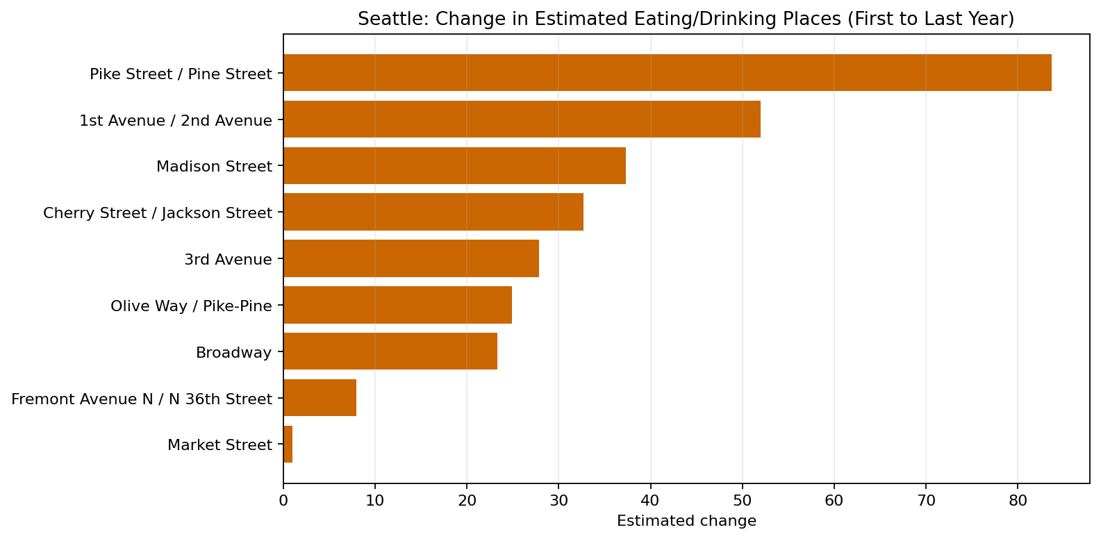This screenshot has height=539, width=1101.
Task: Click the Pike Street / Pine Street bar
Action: pyautogui.click(x=667, y=73)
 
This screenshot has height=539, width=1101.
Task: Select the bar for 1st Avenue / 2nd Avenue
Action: pyautogui.click(x=521, y=119)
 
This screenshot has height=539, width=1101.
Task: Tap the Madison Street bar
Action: pyautogui.click(x=454, y=166)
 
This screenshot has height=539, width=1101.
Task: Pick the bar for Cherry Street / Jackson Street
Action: pyautogui.click(x=433, y=213)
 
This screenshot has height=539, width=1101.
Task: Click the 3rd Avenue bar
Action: pyautogui.click(x=411, y=259)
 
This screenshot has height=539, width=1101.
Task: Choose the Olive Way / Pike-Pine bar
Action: pyautogui.click(x=397, y=306)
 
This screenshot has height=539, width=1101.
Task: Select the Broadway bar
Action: pyautogui.click(x=390, y=352)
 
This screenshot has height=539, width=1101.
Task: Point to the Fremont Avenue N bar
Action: pyautogui.click(x=320, y=399)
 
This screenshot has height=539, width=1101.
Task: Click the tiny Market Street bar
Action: pyautogui.click(x=288, y=445)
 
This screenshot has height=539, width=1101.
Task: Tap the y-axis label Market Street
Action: pyautogui.click(x=220, y=445)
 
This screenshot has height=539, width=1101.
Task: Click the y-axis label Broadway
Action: pyautogui.click(x=233, y=353)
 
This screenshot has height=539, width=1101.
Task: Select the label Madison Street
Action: pyautogui.click(x=214, y=167)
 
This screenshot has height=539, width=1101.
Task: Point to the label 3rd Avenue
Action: pyautogui.click(x=228, y=260)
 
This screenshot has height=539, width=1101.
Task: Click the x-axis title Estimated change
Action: pyautogui.click(x=686, y=521)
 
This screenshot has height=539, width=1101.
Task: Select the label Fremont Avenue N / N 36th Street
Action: pyautogui.click(x=142, y=399)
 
